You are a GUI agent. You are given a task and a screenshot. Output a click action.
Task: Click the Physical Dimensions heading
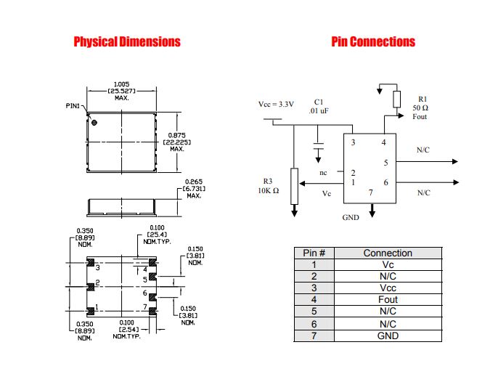tap(127, 41)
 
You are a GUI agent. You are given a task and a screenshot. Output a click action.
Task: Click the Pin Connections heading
tap(373, 41)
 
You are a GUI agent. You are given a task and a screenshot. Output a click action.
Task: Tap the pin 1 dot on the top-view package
tap(94, 122)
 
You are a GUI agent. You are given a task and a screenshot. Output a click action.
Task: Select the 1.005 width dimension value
tap(122, 84)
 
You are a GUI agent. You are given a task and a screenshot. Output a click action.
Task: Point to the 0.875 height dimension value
tap(177, 135)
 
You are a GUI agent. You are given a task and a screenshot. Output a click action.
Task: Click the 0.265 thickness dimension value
tap(194, 182)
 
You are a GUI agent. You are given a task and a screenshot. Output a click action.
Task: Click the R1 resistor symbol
tap(396, 99)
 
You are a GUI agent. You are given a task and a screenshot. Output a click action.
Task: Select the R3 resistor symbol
tap(295, 186)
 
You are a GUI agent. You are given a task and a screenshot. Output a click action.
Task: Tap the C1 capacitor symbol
tap(318, 146)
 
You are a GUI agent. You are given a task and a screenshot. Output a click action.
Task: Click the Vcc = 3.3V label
tap(276, 105)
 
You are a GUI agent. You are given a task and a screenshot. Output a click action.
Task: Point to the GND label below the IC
tap(351, 218)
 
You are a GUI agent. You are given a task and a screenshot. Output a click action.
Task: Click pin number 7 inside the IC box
tap(371, 192)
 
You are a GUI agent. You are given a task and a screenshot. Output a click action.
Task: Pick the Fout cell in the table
tap(388, 300)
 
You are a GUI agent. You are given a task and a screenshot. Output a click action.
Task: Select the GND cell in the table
tap(388, 336)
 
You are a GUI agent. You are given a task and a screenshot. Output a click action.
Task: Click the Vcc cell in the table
tap(388, 288)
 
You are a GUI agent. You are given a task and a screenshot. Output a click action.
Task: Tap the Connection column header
tap(388, 253)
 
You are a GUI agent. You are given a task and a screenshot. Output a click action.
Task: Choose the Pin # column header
tap(314, 253)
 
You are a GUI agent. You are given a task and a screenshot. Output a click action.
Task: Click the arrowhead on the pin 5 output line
tap(455, 161)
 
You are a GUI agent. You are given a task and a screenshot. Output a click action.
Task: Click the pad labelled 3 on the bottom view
tap(91, 263)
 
